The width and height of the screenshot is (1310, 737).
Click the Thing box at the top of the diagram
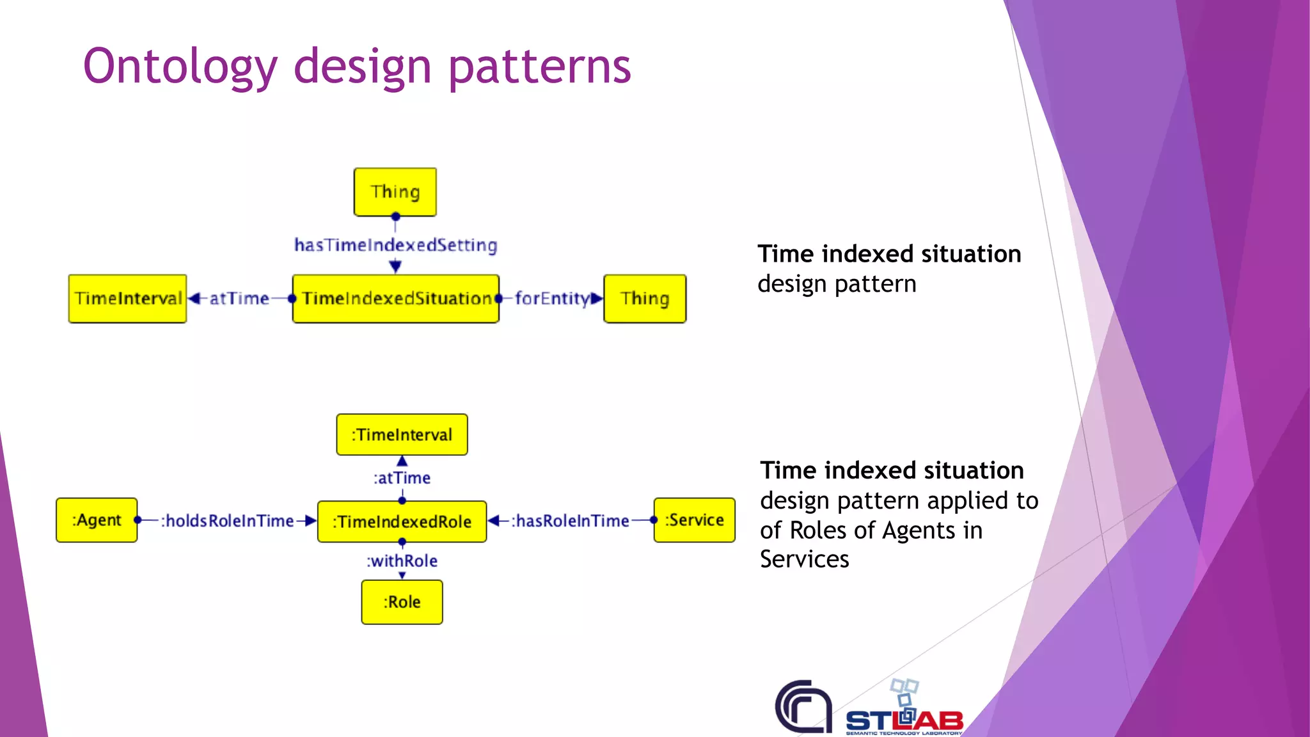click(x=395, y=192)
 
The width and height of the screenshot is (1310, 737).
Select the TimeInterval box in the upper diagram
click(x=128, y=299)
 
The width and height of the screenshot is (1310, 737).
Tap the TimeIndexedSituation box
click(x=396, y=299)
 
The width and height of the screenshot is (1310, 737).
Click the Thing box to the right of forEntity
click(x=645, y=299)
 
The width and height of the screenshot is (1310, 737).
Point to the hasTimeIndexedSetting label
click(x=395, y=245)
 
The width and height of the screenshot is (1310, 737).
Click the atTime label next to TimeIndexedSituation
click(x=239, y=299)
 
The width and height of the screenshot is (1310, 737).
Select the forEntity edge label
click(x=552, y=299)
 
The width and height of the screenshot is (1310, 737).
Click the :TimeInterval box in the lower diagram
click(x=402, y=435)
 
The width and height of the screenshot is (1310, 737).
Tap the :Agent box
click(x=97, y=520)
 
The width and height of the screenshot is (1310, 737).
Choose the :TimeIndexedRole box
click(x=402, y=522)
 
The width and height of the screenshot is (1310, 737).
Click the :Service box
click(x=694, y=520)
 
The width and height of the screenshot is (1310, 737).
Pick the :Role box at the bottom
click(x=402, y=602)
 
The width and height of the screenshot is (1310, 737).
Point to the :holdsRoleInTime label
click(x=227, y=521)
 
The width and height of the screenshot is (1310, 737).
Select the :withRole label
click(x=402, y=561)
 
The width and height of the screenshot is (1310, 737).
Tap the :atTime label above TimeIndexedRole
click(x=402, y=478)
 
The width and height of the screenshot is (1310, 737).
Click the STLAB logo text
click(x=904, y=721)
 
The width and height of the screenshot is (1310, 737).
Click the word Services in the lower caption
click(x=804, y=560)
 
